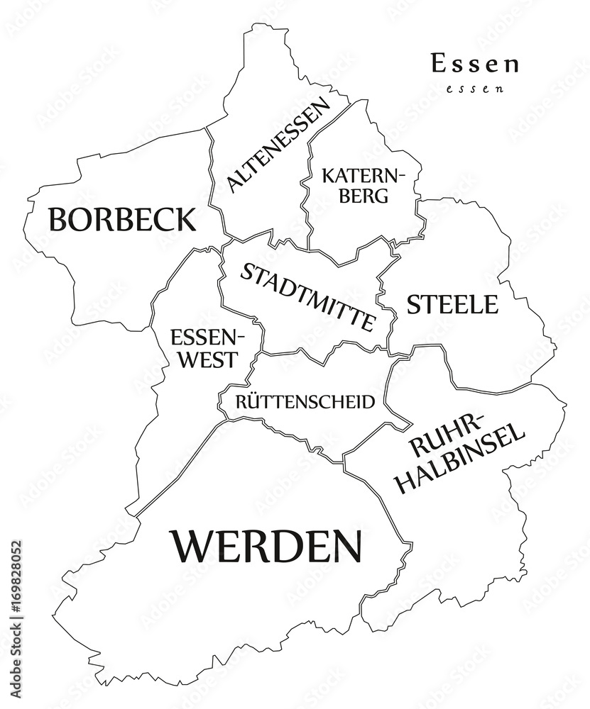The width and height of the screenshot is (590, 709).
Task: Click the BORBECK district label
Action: (x=121, y=219)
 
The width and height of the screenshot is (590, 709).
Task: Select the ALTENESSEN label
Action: (x=278, y=145)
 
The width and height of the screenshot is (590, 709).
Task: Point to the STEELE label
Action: (x=452, y=305)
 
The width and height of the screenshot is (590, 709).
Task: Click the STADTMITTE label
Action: (x=307, y=297)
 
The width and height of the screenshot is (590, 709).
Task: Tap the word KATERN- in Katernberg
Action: (x=363, y=174)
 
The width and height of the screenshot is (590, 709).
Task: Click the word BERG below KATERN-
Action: (x=363, y=196)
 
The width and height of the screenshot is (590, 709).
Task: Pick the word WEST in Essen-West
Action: (x=207, y=359)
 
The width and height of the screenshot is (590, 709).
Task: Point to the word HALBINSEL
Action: (x=460, y=459)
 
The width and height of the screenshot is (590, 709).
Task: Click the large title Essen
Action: (x=474, y=64)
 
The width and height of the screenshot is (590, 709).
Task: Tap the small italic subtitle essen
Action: (x=474, y=89)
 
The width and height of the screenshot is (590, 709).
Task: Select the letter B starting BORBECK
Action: (x=58, y=219)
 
